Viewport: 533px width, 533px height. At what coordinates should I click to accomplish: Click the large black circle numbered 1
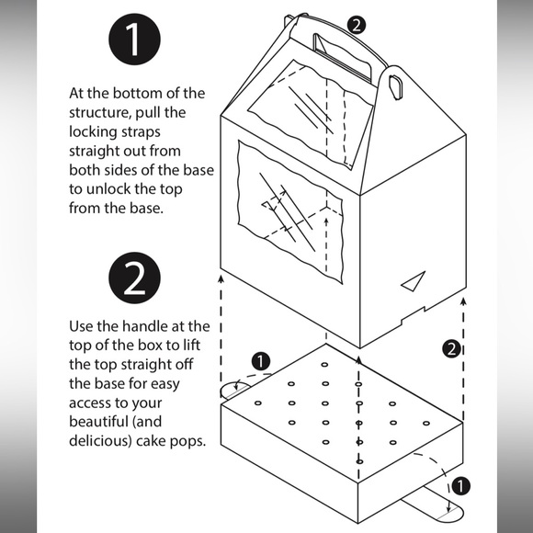click(x=134, y=40)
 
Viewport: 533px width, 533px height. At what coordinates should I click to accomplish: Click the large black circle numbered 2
click(x=134, y=278)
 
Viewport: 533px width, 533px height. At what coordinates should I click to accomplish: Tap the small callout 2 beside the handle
click(x=357, y=26)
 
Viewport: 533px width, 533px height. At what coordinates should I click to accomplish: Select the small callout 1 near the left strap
click(x=261, y=361)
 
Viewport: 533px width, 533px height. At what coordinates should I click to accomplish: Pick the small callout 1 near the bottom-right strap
click(x=460, y=486)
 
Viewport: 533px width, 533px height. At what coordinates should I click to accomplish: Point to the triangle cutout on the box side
click(x=414, y=281)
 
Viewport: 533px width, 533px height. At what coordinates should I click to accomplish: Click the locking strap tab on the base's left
click(x=234, y=391)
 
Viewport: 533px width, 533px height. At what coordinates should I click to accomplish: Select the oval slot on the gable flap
click(x=396, y=87)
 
